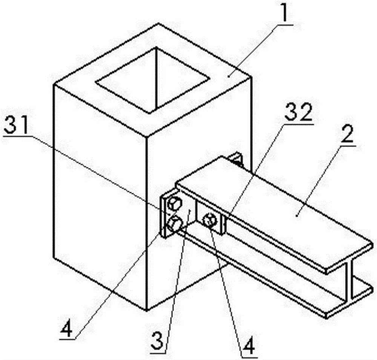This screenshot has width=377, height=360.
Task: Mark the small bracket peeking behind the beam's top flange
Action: coord(236,159)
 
